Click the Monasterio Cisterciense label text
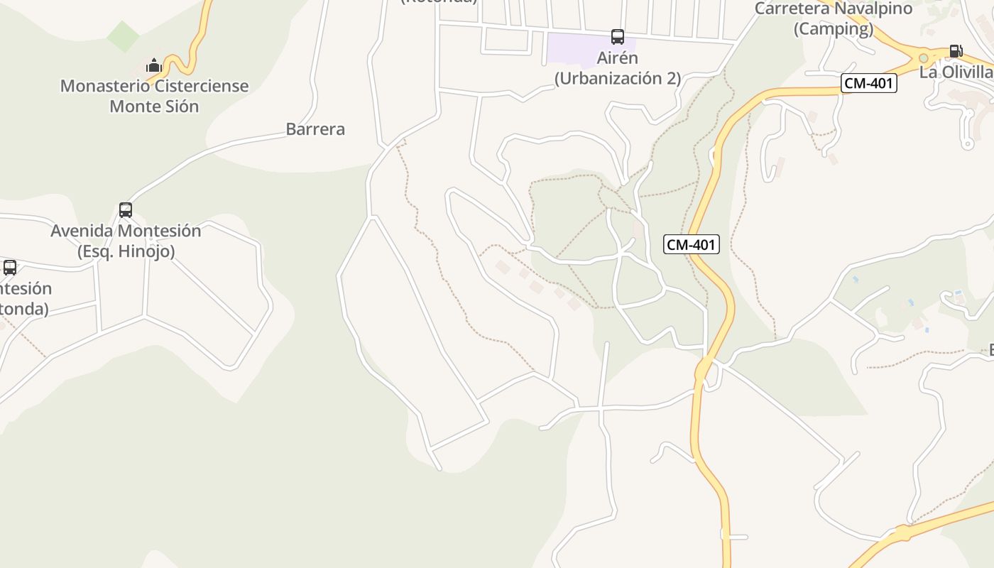(154, 86)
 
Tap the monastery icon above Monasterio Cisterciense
(153, 66)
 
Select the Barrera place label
(315, 129)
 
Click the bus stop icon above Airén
(618, 37)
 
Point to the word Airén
(618, 58)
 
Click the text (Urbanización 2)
(618, 78)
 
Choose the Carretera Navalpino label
(834, 9)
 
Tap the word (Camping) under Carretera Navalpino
(834, 29)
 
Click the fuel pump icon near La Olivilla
(956, 51)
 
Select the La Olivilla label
(956, 72)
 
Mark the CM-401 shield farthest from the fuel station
(692, 245)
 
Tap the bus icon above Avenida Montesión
(126, 210)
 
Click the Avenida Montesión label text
(126, 231)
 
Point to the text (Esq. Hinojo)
(126, 251)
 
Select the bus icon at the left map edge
(10, 268)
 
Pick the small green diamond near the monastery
(124, 36)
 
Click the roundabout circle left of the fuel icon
(923, 58)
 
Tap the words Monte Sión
(154, 106)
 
